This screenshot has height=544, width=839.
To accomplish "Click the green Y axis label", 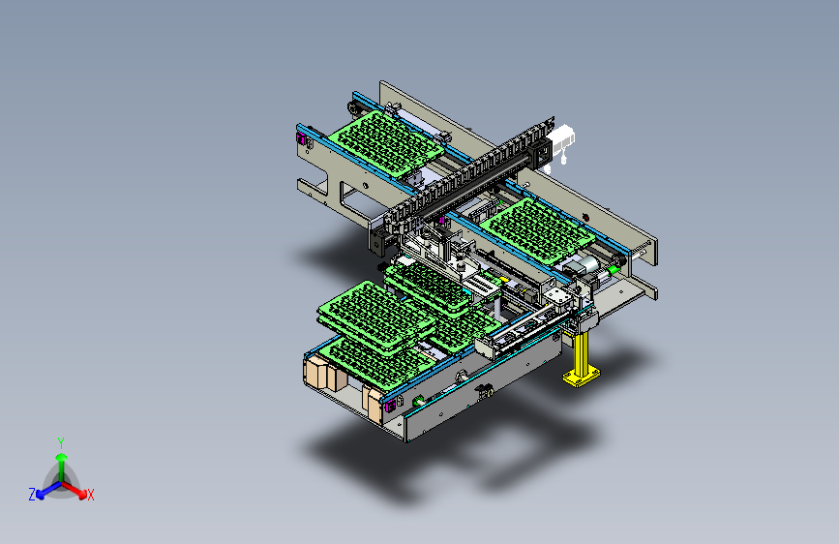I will (60, 441).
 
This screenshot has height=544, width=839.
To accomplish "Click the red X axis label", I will (91, 495).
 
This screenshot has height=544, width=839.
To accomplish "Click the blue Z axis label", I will (32, 494).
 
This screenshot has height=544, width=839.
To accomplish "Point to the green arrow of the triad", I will (61, 459).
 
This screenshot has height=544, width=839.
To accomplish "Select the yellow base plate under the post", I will (581, 377).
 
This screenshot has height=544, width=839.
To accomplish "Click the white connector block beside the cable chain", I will (562, 141).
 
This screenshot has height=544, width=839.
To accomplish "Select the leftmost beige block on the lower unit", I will (316, 374).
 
